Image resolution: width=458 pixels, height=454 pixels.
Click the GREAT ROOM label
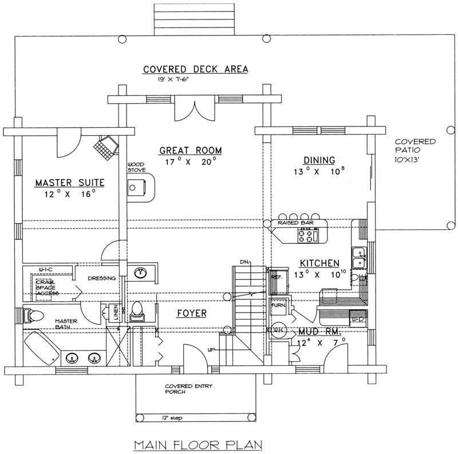click(x=190, y=151)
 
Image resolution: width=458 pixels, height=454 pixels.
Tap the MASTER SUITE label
click(x=69, y=183)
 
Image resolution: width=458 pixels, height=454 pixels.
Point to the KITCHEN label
click(x=319, y=263)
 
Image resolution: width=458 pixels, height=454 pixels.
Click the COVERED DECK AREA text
click(x=195, y=69)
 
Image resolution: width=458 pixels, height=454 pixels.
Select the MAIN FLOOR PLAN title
click(x=192, y=444)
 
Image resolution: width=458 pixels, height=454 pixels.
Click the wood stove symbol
click(x=137, y=188)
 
